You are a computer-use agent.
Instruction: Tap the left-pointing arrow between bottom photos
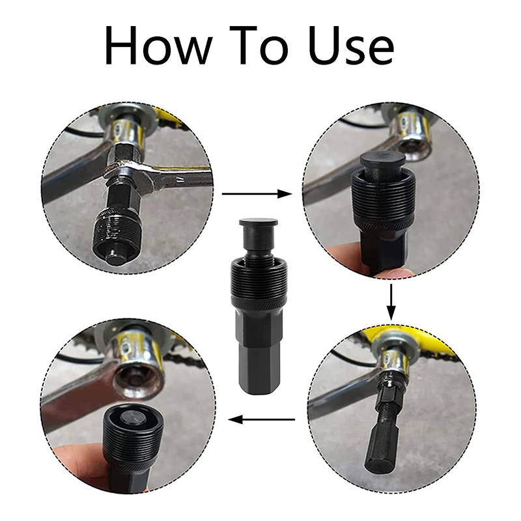264,420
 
